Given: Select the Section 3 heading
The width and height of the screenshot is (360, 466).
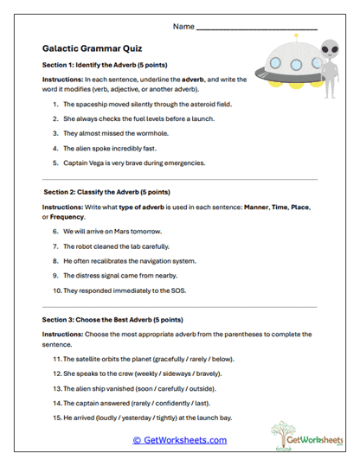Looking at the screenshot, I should [x=109, y=320].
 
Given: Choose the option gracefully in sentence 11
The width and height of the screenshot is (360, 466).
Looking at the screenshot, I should [x=186, y=358].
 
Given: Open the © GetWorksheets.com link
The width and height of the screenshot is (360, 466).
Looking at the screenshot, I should [x=179, y=440].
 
